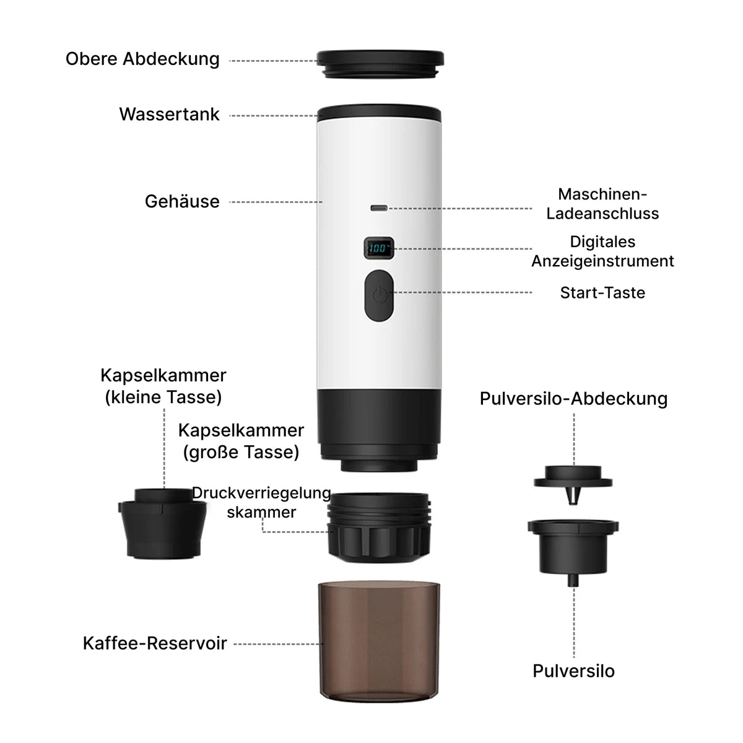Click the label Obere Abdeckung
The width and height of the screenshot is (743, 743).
pos(142,59)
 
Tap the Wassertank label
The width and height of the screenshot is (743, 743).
pos(169,114)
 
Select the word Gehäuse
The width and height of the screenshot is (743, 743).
pos(182,201)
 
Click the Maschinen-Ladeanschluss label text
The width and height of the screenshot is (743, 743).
pos(602,204)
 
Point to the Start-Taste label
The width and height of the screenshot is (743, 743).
pos(602,293)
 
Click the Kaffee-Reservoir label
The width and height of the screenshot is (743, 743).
pos(155,643)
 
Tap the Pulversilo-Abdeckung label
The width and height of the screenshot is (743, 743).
pos(573,399)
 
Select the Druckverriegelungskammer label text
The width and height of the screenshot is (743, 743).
pos(261,502)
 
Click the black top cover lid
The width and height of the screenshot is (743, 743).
pos(380,64)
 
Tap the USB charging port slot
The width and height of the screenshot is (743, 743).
pos(379,208)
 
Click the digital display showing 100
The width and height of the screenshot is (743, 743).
pos(379,248)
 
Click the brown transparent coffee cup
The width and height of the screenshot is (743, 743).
pos(379,641)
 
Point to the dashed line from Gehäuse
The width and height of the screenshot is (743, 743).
pos(276,202)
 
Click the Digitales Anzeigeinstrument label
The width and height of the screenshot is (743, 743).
pos(602,251)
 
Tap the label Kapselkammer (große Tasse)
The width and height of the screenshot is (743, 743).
pos(241,441)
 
